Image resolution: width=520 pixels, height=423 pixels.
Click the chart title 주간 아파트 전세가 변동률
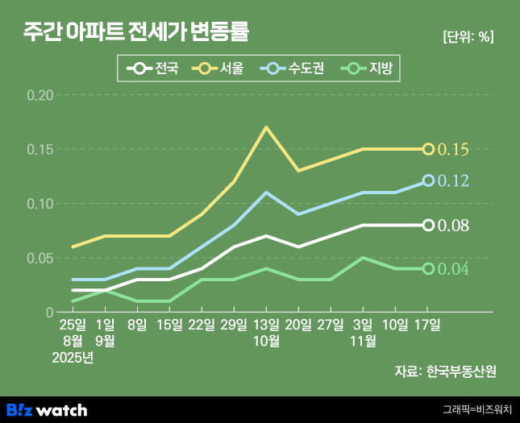coord(136,33)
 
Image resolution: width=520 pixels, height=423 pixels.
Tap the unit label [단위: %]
coord(468,36)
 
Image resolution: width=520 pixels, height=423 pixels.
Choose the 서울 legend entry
coord(219,69)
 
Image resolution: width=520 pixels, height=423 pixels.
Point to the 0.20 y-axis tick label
coord(40,95)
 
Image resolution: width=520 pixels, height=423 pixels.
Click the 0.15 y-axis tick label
coord(40,150)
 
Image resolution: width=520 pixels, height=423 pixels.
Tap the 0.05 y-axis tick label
coord(40,258)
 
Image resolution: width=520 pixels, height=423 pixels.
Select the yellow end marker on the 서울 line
coord(428,149)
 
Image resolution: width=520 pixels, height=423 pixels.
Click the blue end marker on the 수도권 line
coord(428,181)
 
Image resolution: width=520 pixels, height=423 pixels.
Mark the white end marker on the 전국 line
coord(428,225)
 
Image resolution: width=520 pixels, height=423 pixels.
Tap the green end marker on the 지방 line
coord(428,268)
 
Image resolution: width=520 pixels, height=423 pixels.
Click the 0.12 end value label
coord(453,181)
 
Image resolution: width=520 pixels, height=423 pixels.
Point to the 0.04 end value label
coord(453,268)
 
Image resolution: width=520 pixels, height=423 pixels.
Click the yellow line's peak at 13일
coord(266,127)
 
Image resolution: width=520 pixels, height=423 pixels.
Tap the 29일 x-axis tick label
coord(234,326)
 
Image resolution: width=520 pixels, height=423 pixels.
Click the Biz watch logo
coord(47,410)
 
